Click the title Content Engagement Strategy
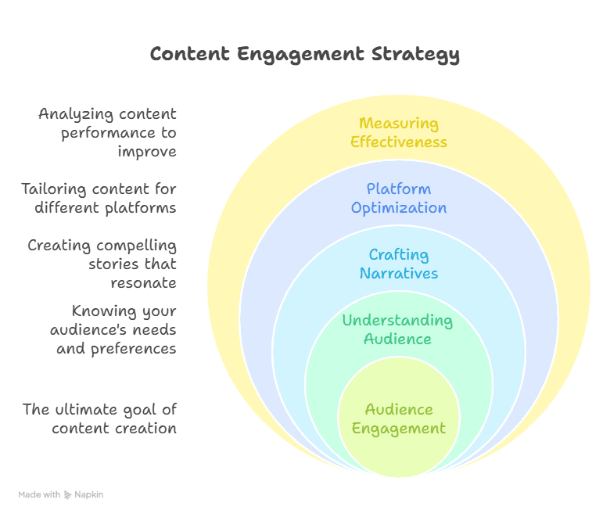[304, 54]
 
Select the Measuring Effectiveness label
[399, 132]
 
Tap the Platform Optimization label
[399, 198]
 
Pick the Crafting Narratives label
[399, 264]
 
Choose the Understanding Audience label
[397, 329]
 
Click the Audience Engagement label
[399, 418]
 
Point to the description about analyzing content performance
[108, 132]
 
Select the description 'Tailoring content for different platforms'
[99, 198]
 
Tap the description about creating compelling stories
[102, 264]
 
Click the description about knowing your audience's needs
[113, 329]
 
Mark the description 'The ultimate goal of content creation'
[99, 418]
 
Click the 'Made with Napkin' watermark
[61, 494]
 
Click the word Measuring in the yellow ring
[399, 123]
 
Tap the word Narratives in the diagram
[399, 274]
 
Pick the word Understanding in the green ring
[397, 320]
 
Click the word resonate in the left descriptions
[143, 282]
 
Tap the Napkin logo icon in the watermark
[67, 494]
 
